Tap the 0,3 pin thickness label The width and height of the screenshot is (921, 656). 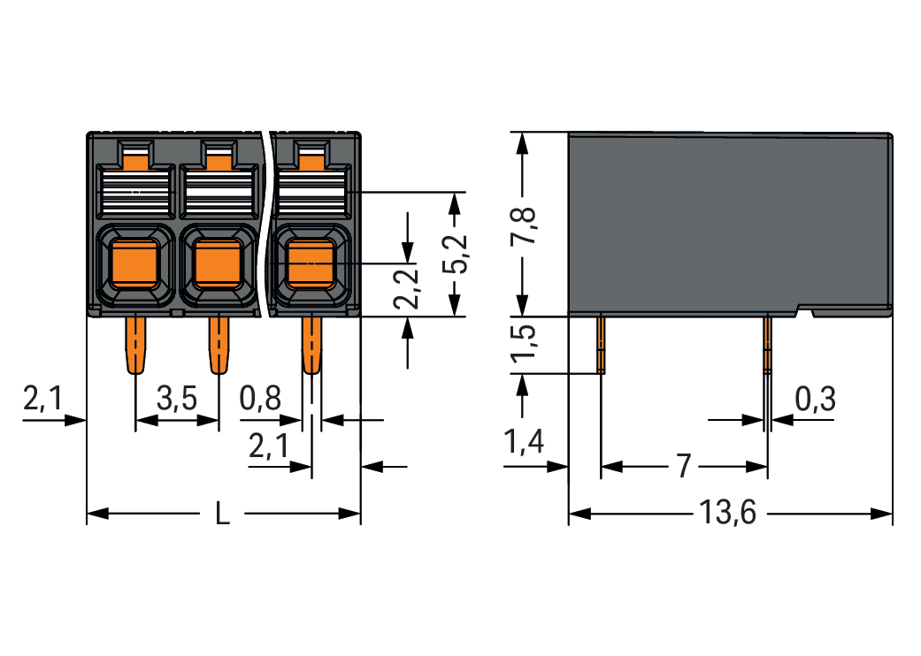815,400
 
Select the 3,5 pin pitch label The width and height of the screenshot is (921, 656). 177,400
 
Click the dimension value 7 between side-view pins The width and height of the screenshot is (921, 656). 682,467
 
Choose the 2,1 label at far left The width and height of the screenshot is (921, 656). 43,400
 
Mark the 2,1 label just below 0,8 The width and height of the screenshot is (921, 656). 269,448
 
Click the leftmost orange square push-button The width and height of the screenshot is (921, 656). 134,263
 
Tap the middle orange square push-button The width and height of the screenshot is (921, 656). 218,263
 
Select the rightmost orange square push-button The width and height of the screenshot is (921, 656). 311,263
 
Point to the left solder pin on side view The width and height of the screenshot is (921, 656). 601,345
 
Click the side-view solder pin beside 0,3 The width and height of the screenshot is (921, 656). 767,345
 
